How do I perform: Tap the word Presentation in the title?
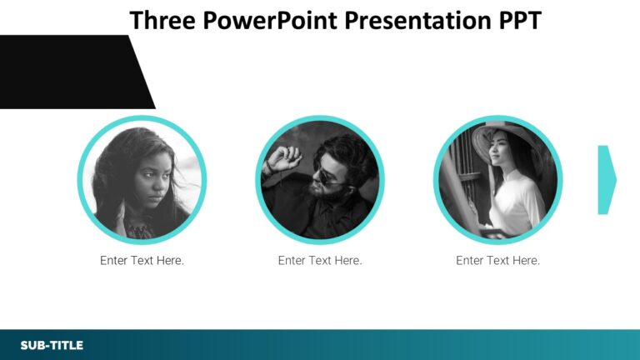tap(410, 20)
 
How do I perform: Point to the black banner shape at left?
tap(67, 72)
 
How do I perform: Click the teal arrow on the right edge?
tap(607, 180)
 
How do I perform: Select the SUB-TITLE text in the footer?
tap(52, 345)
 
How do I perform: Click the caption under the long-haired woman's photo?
tap(142, 261)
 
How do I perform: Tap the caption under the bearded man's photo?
tap(320, 261)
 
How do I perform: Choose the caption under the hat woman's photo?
tap(497, 261)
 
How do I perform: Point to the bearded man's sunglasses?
tap(327, 177)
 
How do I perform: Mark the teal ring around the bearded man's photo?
tap(320, 119)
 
